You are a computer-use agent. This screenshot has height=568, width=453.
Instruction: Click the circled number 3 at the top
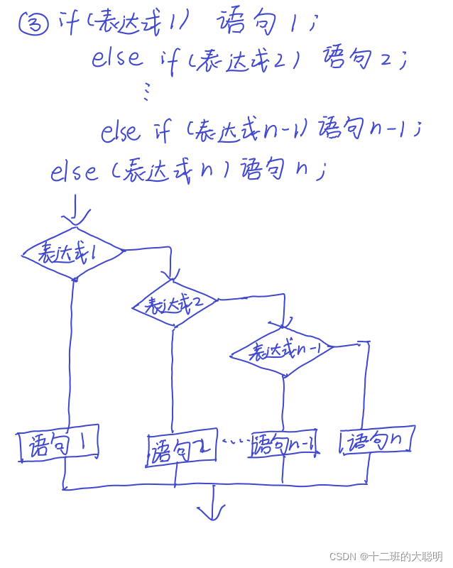tap(33, 24)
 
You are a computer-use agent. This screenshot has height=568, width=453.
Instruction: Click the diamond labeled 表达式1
tap(73, 253)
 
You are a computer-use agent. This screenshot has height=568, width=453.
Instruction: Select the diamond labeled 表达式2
tap(175, 304)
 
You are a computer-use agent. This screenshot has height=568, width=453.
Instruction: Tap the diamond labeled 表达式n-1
tap(282, 351)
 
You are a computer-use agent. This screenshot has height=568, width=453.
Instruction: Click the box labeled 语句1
tap(58, 445)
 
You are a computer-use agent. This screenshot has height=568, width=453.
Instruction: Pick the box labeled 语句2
tap(182, 448)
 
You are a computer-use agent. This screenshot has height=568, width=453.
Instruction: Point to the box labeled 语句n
tap(376, 441)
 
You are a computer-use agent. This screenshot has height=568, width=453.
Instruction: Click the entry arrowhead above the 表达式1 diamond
tap(75, 217)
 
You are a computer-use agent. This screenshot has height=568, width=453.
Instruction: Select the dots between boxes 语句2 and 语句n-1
tap(234, 442)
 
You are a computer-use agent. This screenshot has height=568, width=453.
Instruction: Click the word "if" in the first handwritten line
tap(69, 23)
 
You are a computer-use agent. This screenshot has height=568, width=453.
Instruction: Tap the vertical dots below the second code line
tap(147, 89)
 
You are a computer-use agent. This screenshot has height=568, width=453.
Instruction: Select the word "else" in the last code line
tap(74, 171)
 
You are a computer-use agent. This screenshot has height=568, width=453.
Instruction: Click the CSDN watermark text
tap(386, 557)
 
